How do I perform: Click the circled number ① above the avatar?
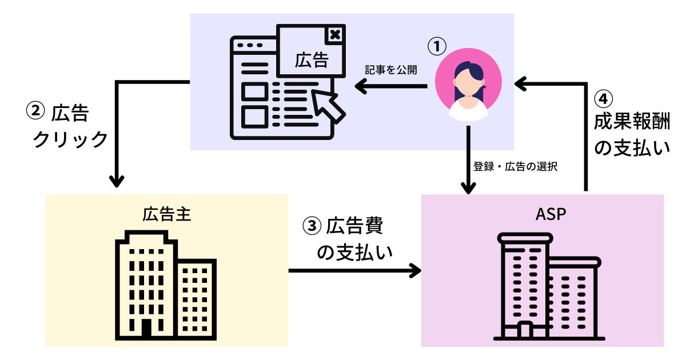point(437,46)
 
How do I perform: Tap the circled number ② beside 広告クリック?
point(35,111)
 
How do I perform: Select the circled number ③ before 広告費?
point(312,226)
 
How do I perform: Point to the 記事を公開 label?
point(391,70)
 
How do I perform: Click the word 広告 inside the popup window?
point(311,59)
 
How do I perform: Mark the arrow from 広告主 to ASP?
point(354,270)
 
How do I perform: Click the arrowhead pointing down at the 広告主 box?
point(117,181)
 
